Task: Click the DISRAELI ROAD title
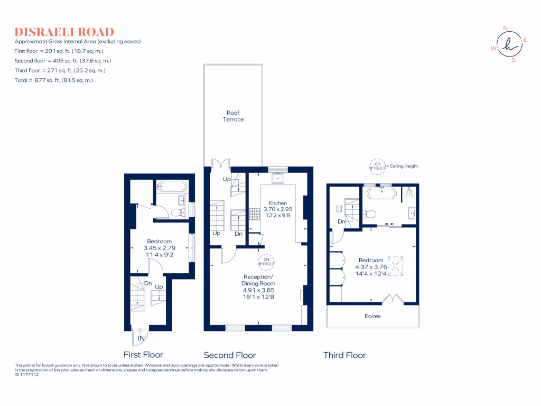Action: coord(64,32)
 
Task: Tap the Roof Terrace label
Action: coord(233,116)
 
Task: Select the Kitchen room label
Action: coord(278,203)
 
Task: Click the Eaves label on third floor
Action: coord(372,316)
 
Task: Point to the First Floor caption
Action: coord(143,355)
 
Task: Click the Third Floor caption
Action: coord(344,355)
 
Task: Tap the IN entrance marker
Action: coord(141,338)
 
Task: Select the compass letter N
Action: coord(505,28)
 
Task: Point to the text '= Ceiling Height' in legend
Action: coord(402,166)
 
